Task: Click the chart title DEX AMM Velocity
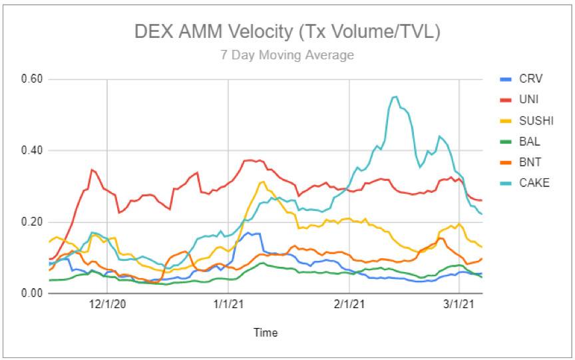tap(287, 31)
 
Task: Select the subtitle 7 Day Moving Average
tap(287, 55)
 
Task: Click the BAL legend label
tap(530, 141)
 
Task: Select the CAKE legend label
tap(534, 182)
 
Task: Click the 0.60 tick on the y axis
tap(31, 79)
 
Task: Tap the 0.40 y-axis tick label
tap(31, 150)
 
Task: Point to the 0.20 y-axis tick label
tap(31, 222)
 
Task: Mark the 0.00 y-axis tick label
tap(31, 293)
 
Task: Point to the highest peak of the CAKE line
tap(395, 96)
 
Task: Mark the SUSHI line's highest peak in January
tap(263, 182)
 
